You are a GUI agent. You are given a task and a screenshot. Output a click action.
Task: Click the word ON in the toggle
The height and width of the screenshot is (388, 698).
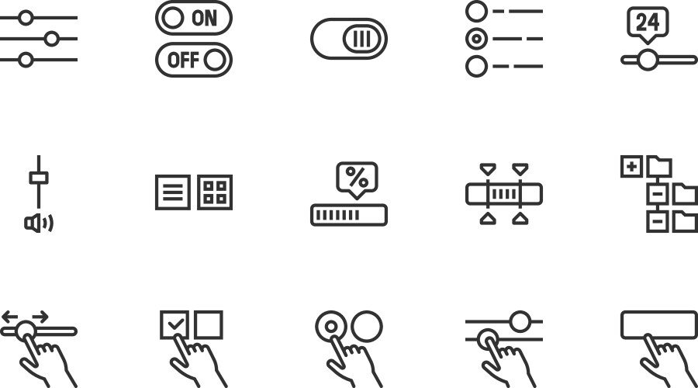pos(204,19)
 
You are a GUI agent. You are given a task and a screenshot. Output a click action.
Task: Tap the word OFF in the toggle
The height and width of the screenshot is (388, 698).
pos(183,60)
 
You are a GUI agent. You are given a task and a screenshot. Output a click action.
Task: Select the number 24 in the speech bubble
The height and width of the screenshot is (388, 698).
pos(648,22)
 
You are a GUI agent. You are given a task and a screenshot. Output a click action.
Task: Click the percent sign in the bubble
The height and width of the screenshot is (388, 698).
pos(357,177)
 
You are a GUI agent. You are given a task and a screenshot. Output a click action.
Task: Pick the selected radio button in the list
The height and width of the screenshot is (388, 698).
pos(476,39)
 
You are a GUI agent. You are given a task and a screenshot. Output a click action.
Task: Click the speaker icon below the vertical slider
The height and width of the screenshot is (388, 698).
pos(39,223)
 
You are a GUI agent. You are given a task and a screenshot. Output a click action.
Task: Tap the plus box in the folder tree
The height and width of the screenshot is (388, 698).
pos(631,167)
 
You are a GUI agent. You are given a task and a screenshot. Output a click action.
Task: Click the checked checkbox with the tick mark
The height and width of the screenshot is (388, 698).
pos(174,324)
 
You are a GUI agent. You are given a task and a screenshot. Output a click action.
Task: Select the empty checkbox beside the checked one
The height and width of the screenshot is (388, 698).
pos(209,324)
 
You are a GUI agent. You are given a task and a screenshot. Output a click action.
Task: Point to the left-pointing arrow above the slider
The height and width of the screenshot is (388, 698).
pos(10,317)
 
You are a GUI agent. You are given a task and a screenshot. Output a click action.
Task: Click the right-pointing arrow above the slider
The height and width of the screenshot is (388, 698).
pos(40,317)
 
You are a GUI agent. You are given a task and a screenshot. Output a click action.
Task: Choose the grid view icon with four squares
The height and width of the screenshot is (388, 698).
pos(215,192)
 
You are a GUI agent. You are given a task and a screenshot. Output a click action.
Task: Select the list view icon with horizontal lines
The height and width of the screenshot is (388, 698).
pos(173,192)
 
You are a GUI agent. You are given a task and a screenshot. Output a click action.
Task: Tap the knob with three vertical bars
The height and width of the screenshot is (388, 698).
pos(362,39)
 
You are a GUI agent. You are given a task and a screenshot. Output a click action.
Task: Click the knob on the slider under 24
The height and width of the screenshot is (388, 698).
pos(648,60)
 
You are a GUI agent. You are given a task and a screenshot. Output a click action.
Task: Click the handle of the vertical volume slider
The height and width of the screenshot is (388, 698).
pos(39,178)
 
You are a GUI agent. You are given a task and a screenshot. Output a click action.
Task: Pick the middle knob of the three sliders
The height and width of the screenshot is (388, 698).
pos(52,39)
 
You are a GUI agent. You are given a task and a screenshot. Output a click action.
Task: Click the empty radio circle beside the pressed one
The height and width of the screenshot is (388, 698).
pos(367,327)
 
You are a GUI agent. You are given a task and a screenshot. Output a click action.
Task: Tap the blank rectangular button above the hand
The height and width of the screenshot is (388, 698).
pos(658,324)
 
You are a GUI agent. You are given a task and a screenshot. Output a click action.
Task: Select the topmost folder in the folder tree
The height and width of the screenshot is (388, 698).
pos(659,167)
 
